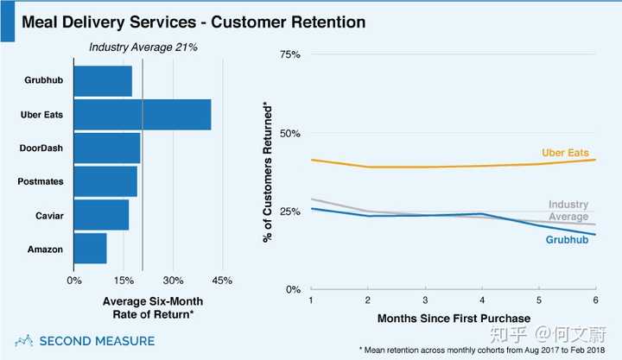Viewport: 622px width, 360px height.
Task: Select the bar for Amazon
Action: [x=91, y=249]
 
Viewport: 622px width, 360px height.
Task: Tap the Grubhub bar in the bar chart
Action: [x=103, y=81]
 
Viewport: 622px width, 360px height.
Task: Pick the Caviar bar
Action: [x=101, y=215]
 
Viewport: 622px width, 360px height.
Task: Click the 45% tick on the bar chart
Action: [x=223, y=281]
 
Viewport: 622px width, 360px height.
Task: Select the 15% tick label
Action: [x=124, y=281]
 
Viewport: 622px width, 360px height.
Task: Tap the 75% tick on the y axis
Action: [x=289, y=54]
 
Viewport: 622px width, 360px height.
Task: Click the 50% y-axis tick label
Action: [x=289, y=134]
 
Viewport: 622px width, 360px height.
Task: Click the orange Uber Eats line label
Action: [x=567, y=153]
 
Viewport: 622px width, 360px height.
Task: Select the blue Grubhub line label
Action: [x=568, y=239]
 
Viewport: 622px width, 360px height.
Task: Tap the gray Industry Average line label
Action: [x=568, y=211]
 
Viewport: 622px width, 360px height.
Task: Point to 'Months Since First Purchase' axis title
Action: [x=453, y=319]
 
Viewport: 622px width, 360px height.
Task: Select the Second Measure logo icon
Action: [x=26, y=340]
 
